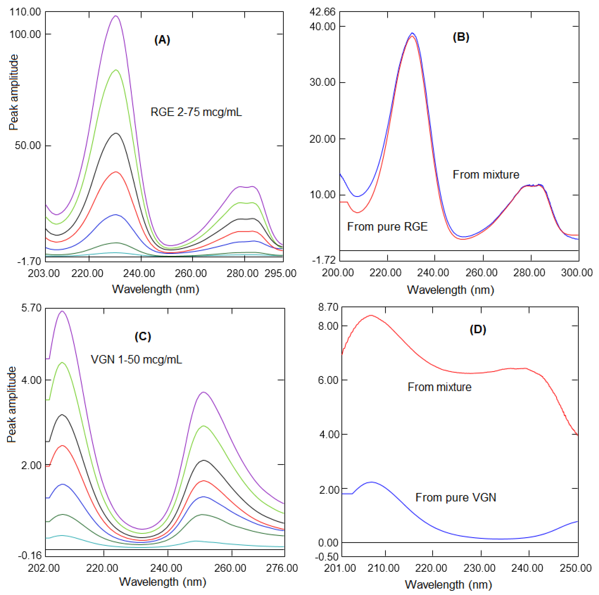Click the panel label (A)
162,40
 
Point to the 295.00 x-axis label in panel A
280,273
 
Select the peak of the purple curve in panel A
116,16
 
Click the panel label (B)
461,37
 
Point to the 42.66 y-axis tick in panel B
322,12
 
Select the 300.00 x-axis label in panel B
577,273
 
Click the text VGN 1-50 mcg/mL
136,360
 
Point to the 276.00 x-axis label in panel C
282,568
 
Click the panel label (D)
478,330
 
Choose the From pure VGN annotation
455,497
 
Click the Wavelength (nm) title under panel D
448,585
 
